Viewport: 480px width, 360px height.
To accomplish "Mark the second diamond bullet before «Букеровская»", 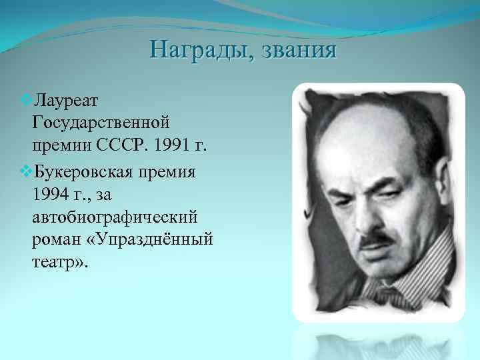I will (x=25, y=172).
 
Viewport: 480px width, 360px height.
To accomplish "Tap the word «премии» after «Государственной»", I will (x=58, y=145).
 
